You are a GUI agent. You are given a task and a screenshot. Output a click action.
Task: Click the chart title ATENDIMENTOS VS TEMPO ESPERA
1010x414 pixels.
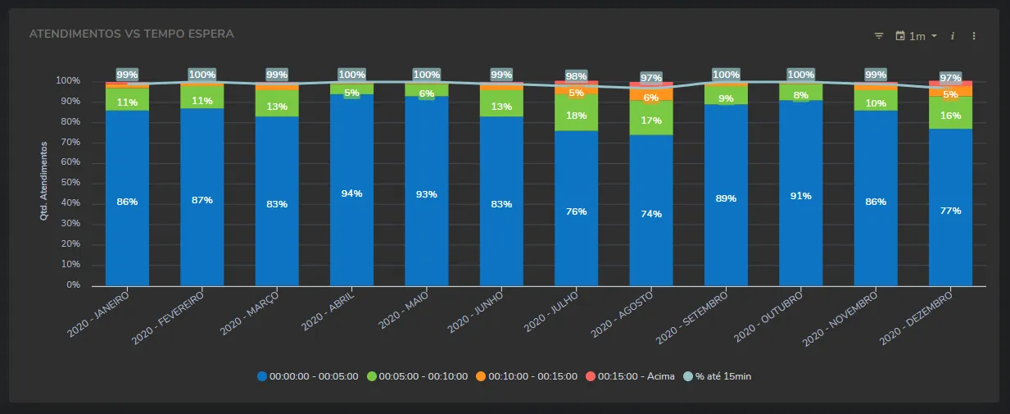[x=131, y=34]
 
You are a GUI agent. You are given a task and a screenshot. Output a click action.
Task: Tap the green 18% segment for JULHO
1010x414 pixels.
[x=576, y=116]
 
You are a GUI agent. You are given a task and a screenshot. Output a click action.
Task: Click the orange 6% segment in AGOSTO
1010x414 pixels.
[x=651, y=97]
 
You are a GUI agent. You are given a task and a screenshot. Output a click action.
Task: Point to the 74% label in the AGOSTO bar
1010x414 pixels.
[x=651, y=214]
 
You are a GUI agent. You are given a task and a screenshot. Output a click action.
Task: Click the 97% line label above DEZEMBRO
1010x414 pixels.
[x=950, y=78]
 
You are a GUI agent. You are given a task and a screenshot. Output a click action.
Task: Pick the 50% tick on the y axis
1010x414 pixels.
[x=68, y=183]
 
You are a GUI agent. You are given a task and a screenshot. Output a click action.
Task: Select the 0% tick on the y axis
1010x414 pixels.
[x=73, y=285]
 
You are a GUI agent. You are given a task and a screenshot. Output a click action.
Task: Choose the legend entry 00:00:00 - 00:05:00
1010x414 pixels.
[x=308, y=376]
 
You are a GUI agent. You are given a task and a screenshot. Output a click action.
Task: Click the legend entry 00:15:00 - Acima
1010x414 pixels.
[x=630, y=376]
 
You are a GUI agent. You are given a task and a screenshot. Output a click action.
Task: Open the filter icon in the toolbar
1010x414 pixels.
[x=879, y=36]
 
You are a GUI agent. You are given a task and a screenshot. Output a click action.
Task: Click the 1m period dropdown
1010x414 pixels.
[x=917, y=36]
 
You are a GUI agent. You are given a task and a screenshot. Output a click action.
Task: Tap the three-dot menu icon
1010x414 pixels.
[x=974, y=36]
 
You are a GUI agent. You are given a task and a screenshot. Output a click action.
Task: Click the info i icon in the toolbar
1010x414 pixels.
[x=953, y=36]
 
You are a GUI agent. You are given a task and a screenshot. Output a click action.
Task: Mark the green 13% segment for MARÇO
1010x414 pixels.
[x=277, y=107]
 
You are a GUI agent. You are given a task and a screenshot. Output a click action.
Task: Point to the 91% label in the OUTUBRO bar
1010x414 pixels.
[x=800, y=196]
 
